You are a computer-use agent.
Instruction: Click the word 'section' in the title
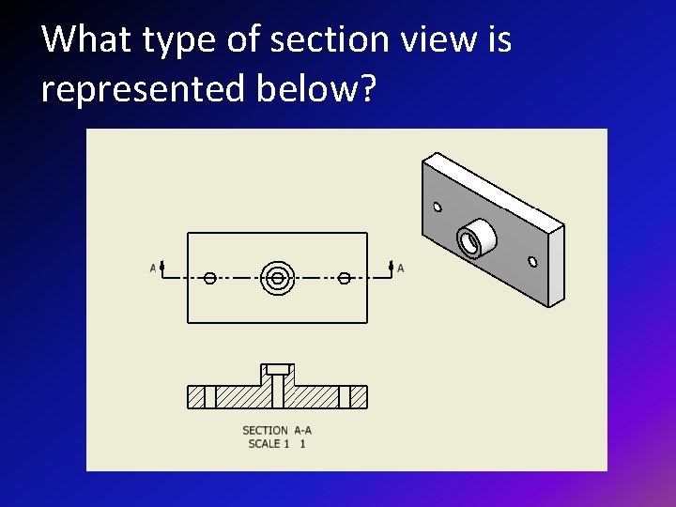[x=317, y=39]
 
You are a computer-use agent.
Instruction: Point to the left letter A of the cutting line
[x=153, y=269]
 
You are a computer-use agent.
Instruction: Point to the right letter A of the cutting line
[x=401, y=269]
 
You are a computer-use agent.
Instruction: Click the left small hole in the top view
[x=210, y=278]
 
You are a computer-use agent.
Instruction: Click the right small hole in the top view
[x=345, y=278]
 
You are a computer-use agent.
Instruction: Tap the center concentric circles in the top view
[x=277, y=278]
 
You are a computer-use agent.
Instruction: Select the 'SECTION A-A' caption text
[x=277, y=431]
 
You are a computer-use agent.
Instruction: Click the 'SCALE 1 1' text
[x=277, y=444]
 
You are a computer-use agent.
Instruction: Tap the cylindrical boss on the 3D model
[x=472, y=238]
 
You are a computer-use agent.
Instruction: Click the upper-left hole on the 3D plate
[x=437, y=207]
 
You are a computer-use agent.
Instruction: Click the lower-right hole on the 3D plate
[x=532, y=261]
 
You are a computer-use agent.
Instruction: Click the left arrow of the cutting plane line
[x=162, y=268]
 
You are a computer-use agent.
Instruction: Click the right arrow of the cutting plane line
[x=391, y=268]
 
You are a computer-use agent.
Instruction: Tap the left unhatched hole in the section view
[x=210, y=397]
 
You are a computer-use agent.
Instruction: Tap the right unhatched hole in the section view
[x=345, y=397]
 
